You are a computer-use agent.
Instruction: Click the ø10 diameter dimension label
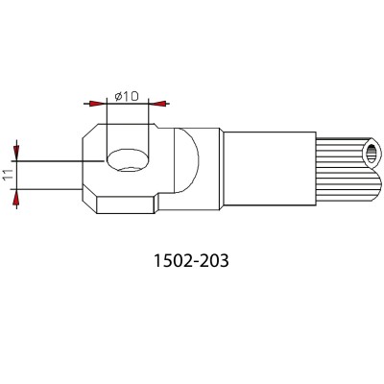[127, 96]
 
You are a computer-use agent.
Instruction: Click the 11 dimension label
[9, 175]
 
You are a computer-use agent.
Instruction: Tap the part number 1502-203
[191, 260]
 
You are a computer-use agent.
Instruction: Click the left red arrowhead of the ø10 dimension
[97, 104]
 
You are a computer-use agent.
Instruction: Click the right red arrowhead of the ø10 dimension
[157, 104]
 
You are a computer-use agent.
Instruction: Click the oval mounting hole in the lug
[128, 159]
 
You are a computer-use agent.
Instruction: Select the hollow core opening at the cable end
[372, 155]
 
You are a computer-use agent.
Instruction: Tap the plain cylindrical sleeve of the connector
[270, 169]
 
